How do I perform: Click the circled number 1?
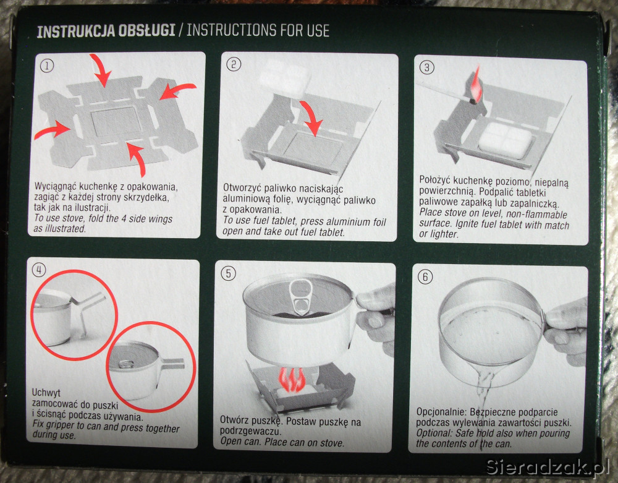click(47, 66)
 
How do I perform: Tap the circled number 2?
click(234, 64)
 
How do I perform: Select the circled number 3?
click(426, 67)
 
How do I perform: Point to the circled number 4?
click(38, 270)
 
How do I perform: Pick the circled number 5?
click(228, 273)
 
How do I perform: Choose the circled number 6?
click(425, 276)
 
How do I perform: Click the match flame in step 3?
click(476, 84)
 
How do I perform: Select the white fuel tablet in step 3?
click(506, 140)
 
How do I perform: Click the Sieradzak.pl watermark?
click(548, 467)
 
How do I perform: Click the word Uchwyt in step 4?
click(46, 393)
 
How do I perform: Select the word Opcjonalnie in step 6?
click(441, 412)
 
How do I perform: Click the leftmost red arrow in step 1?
click(53, 130)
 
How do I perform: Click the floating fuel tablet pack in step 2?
click(284, 77)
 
